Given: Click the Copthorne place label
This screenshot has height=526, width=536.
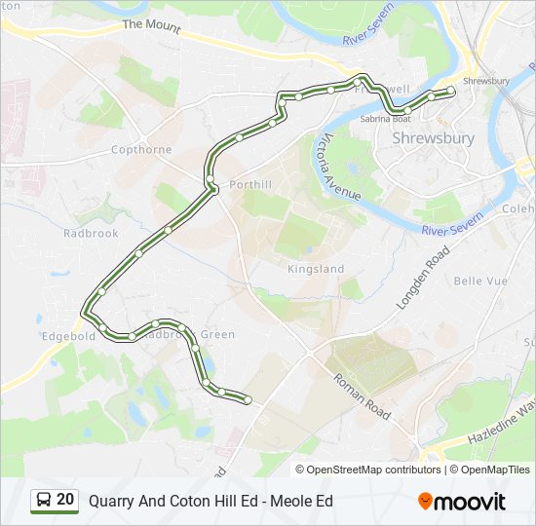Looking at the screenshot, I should [x=141, y=150].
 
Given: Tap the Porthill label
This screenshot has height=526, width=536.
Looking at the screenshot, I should [x=248, y=183].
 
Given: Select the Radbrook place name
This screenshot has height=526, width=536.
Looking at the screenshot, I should [x=91, y=234].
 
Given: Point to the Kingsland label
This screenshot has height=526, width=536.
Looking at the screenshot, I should [x=316, y=268].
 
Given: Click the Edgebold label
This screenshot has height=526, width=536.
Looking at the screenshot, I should [x=68, y=336].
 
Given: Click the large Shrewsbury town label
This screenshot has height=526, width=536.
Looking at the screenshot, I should [x=433, y=138].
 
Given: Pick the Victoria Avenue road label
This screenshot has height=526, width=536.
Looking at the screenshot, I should [x=342, y=167].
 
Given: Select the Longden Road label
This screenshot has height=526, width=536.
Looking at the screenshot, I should [x=423, y=278].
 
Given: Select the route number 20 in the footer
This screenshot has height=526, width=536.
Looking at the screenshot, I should [x=65, y=501].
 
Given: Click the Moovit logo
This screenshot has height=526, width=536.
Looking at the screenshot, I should [x=462, y=502].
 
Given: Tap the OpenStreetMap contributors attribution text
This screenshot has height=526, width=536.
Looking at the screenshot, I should [x=374, y=470].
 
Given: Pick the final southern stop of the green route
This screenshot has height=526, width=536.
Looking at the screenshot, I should [x=248, y=399].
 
